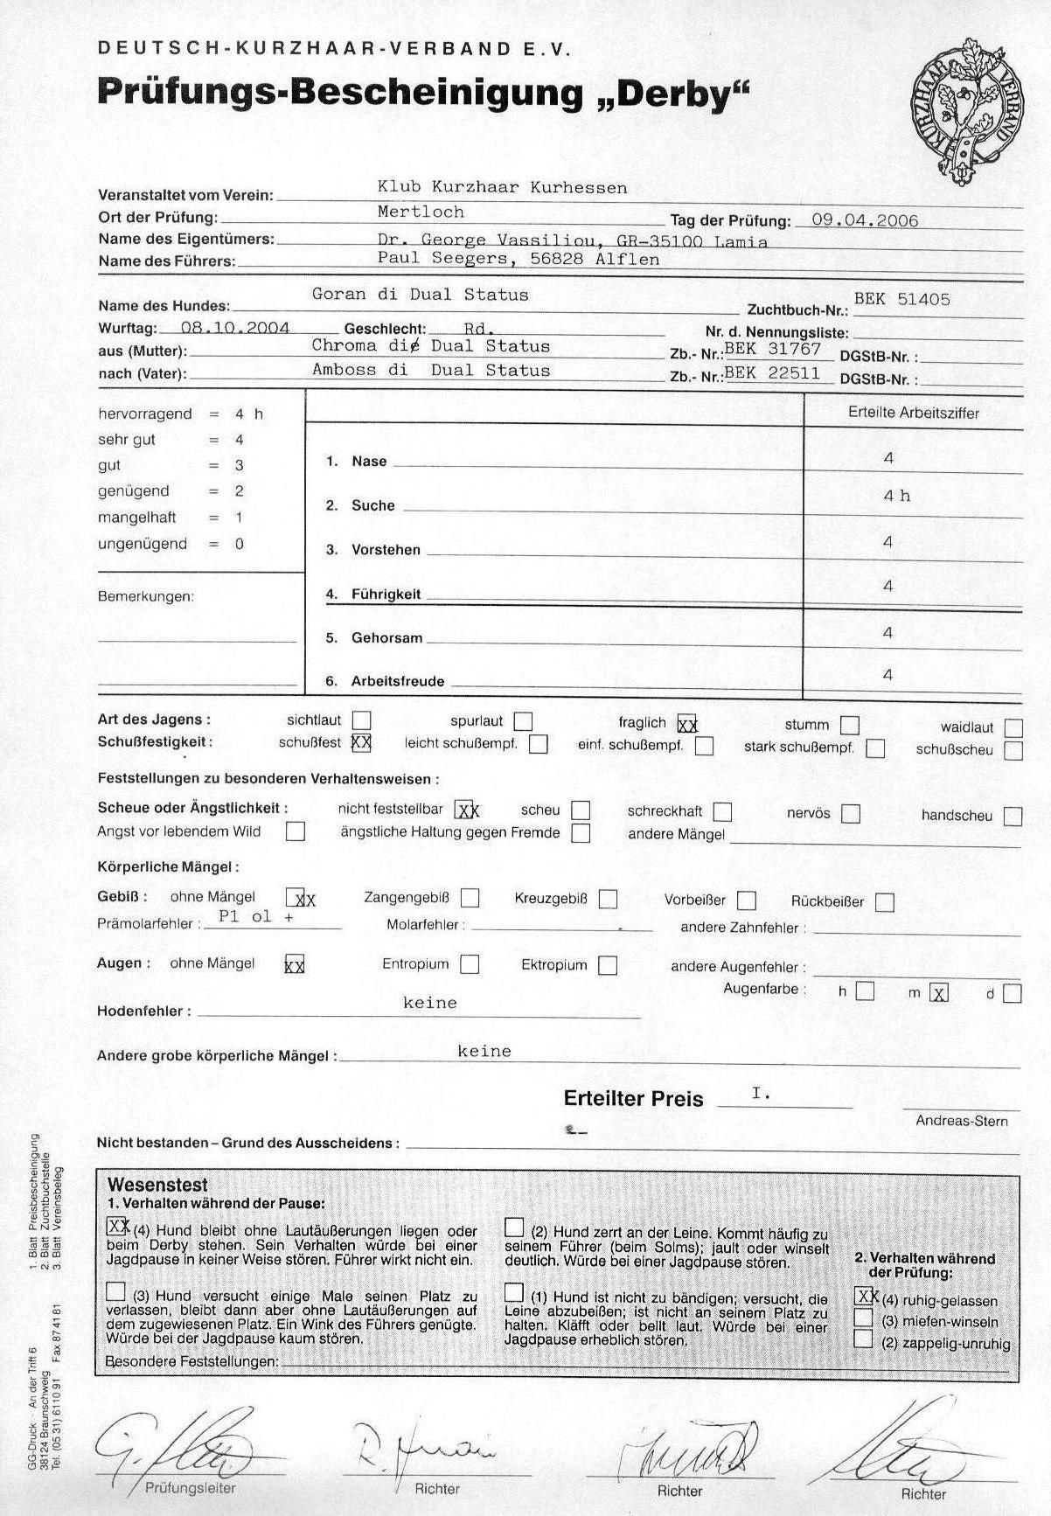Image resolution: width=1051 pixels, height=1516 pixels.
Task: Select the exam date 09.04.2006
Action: click(x=865, y=219)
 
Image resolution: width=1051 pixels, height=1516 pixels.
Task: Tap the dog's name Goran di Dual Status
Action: click(x=420, y=295)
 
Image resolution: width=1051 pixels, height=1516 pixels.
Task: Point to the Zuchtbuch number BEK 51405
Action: click(x=901, y=299)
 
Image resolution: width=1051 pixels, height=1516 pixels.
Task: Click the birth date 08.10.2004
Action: click(x=235, y=328)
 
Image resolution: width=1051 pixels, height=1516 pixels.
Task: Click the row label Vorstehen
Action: click(x=386, y=550)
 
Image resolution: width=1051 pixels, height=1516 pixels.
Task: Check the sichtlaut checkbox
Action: click(x=361, y=721)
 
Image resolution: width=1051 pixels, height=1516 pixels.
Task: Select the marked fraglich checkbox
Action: click(x=687, y=724)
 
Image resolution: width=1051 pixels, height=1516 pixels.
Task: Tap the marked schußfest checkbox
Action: click(x=360, y=743)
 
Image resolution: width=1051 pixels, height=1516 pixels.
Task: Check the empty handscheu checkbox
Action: click(x=1013, y=816)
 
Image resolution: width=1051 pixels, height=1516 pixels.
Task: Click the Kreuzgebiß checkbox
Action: click(x=609, y=899)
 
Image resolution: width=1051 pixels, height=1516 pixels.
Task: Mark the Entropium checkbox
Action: click(x=470, y=964)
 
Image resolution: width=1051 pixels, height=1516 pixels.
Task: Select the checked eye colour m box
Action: click(x=939, y=993)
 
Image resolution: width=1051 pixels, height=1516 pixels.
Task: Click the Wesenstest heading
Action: click(x=157, y=1185)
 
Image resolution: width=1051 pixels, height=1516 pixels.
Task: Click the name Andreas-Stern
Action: click(x=961, y=1121)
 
